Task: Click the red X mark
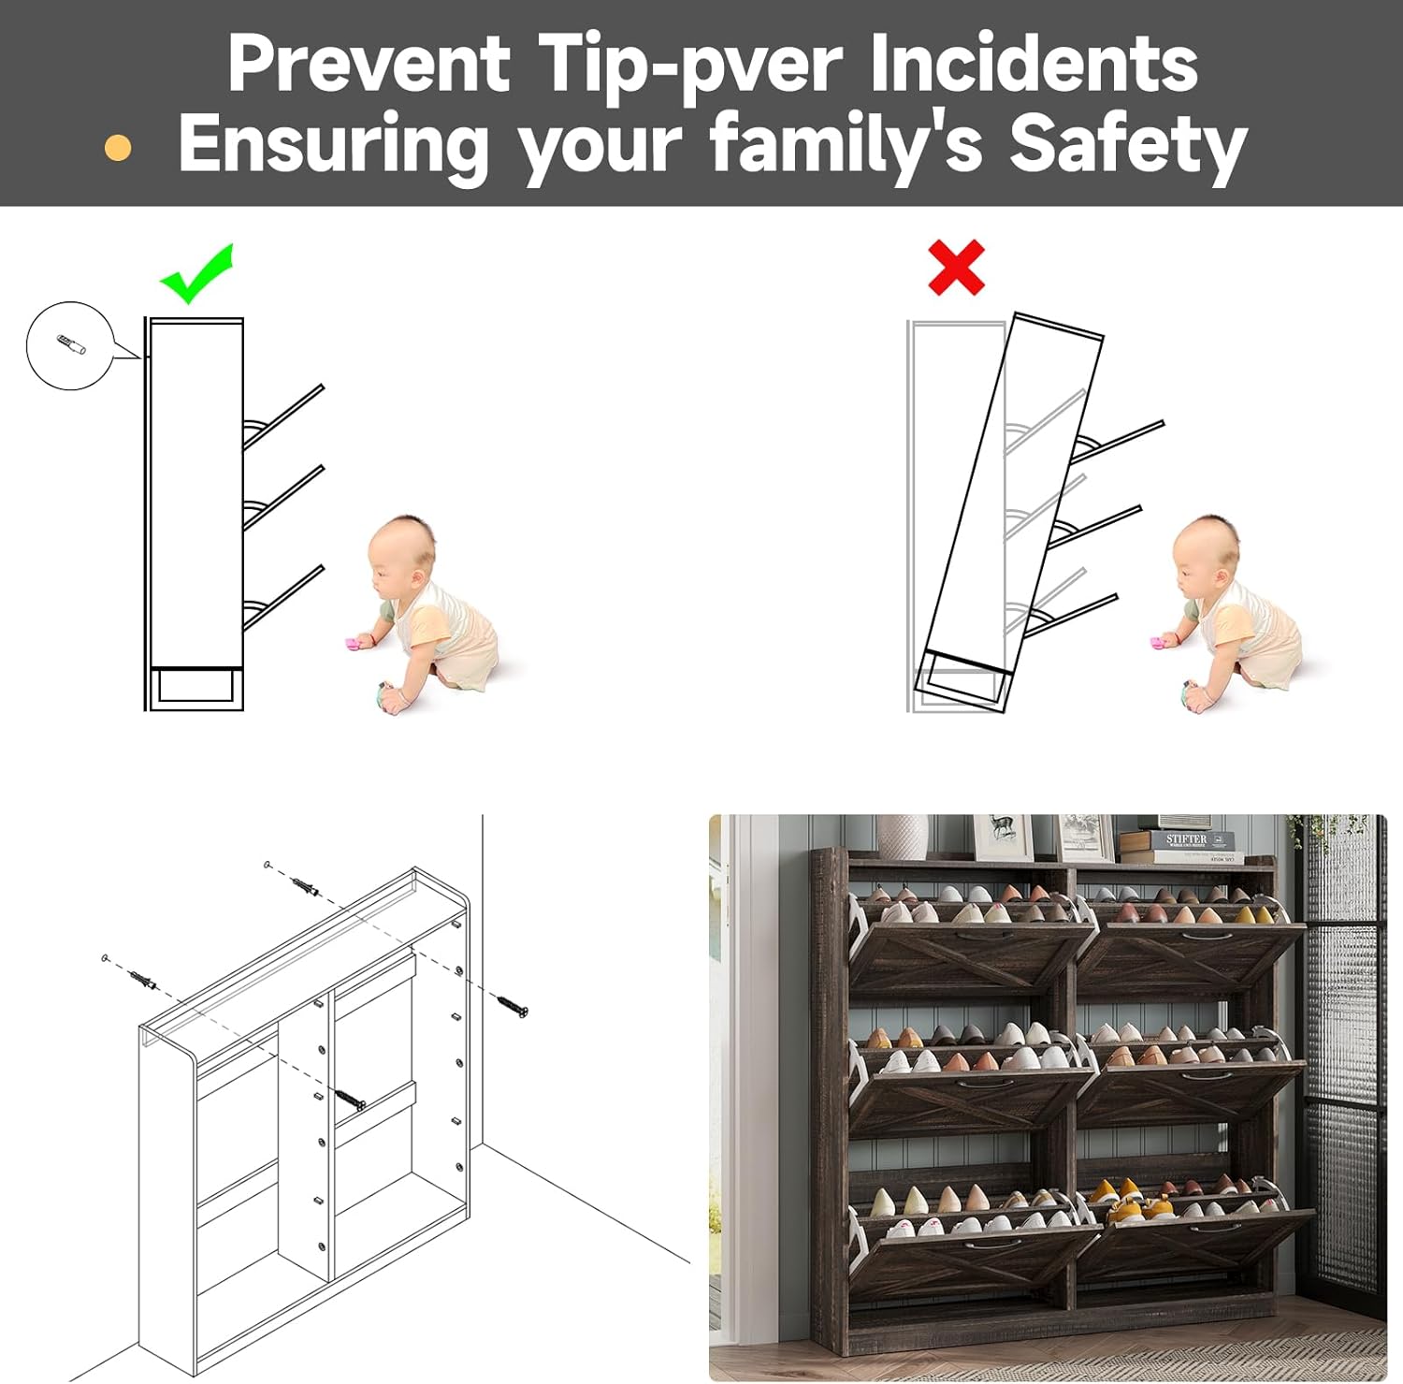(956, 268)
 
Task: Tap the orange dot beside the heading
(118, 148)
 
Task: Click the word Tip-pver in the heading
(690, 64)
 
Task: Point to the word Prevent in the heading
(369, 63)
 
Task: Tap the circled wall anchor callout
(70, 345)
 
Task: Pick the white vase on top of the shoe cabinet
(902, 835)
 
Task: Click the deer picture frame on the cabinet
(1003, 837)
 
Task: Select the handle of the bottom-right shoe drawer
(1216, 1227)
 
